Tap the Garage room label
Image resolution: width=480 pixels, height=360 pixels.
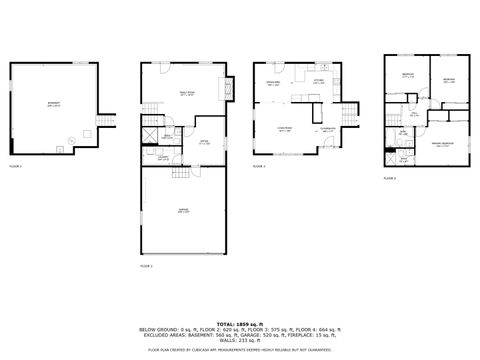pyautogui.click(x=182, y=211)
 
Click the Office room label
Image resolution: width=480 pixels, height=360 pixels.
pyautogui.click(x=204, y=142)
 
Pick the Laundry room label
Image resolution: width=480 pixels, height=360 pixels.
pyautogui.click(x=162, y=157)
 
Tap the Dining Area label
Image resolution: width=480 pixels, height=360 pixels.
pyautogui.click(x=273, y=85)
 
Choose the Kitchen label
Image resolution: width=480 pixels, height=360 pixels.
pyautogui.click(x=318, y=82)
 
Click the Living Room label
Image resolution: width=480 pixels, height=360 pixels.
pyautogui.click(x=284, y=129)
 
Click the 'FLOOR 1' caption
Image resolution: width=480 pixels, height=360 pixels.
pyautogui.click(x=15, y=165)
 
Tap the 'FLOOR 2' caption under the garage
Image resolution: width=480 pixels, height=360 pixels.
pyautogui.click(x=146, y=267)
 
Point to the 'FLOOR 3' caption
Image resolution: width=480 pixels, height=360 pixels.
pyautogui.click(x=259, y=166)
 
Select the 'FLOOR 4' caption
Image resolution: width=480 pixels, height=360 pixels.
pyautogui.click(x=389, y=178)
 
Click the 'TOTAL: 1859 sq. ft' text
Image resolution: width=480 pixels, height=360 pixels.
pyautogui.click(x=240, y=324)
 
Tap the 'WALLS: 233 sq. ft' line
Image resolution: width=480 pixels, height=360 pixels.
pyautogui.click(x=240, y=341)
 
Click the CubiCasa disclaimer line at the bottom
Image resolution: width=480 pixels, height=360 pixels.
pyautogui.click(x=240, y=351)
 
